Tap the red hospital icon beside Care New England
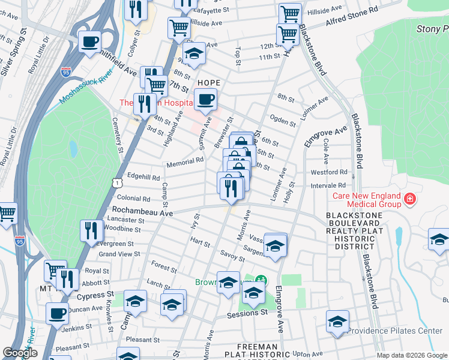(410, 199)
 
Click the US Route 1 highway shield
(115, 179)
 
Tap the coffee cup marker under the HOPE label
(205, 100)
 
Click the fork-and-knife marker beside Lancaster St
(91, 231)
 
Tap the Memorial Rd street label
(185, 161)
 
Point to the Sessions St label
(247, 313)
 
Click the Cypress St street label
(94, 295)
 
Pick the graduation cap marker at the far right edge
(439, 239)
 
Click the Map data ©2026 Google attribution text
(412, 355)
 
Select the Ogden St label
(283, 120)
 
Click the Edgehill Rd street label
(143, 178)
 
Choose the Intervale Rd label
(328, 186)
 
